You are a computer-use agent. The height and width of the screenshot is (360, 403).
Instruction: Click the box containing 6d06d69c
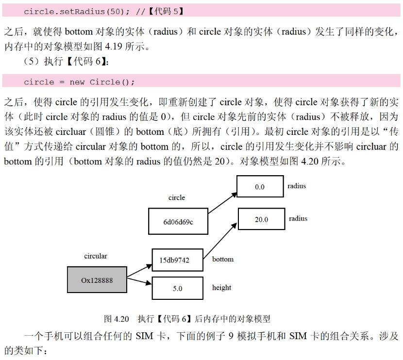178,221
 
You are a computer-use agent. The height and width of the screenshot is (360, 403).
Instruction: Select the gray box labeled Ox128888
97,280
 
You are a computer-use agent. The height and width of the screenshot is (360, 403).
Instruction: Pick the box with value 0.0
260,186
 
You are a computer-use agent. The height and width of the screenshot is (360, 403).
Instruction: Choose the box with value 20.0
261,219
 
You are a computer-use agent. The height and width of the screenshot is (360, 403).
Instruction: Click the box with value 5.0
177,288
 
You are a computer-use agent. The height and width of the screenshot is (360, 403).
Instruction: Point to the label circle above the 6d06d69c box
177,197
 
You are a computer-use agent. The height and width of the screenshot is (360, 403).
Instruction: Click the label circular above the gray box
96,256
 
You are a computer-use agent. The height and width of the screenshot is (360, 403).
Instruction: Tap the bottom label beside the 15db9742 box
223,259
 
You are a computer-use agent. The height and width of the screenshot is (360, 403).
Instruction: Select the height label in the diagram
221,288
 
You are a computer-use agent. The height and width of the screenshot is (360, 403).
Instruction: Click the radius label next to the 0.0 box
297,186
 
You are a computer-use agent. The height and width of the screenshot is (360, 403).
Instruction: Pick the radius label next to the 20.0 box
298,219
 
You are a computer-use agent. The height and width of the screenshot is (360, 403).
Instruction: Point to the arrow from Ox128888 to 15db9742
140,271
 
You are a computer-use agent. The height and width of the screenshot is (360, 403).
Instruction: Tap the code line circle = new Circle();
79,82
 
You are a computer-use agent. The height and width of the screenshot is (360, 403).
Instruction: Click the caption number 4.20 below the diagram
121,319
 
